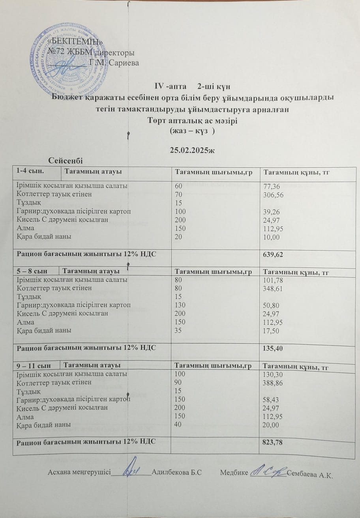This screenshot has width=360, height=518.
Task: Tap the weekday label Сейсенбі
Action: click(66, 160)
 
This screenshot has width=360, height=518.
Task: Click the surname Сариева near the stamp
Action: click(123, 62)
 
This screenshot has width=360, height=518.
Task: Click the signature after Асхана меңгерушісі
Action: click(131, 469)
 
